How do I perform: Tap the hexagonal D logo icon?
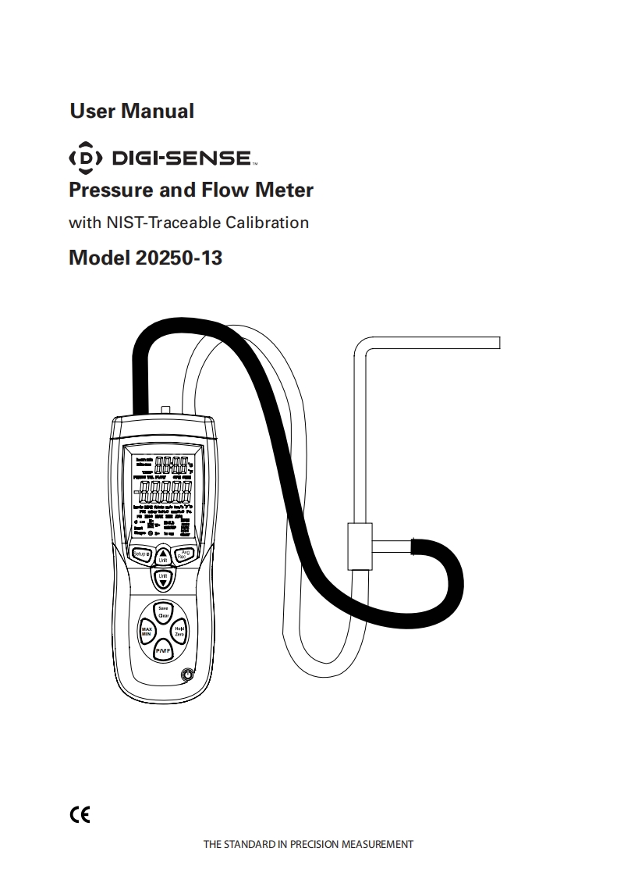[x=86, y=158]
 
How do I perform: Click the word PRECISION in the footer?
[x=315, y=845]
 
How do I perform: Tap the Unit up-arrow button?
[x=163, y=554]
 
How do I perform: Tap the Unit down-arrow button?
[x=163, y=579]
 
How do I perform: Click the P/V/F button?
[x=162, y=650]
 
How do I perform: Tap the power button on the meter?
[x=187, y=675]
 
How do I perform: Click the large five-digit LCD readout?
[x=164, y=493]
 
